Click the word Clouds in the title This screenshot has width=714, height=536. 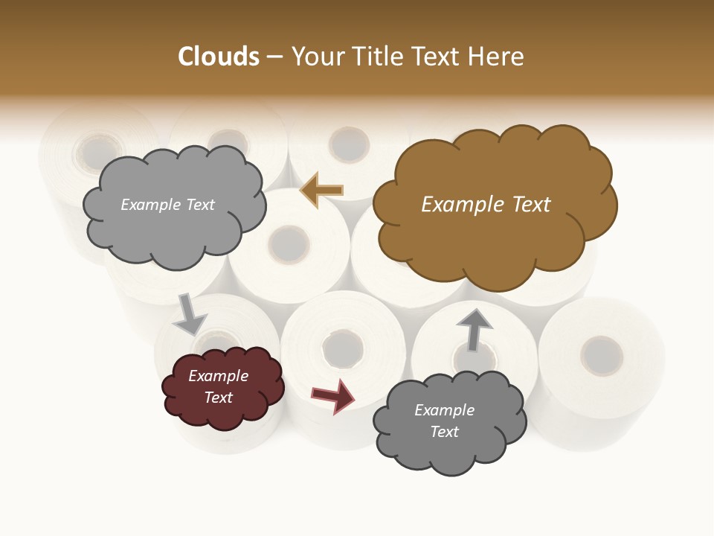[x=219, y=57]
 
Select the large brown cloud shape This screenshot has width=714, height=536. [x=491, y=238]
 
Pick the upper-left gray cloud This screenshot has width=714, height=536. [x=171, y=231]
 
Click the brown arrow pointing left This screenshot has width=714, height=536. [x=321, y=191]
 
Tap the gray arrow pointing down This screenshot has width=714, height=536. [x=190, y=315]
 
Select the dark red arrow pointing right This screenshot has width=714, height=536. [x=332, y=396]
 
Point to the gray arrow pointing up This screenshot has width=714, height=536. [x=474, y=329]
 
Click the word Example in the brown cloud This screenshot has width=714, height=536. [x=454, y=205]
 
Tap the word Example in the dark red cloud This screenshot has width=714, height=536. [x=218, y=376]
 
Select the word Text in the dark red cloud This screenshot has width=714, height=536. [x=218, y=398]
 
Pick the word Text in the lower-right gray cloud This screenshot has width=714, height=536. [x=444, y=432]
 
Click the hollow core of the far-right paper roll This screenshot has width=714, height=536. [x=601, y=355]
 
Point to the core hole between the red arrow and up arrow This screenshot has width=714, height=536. [x=343, y=348]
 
